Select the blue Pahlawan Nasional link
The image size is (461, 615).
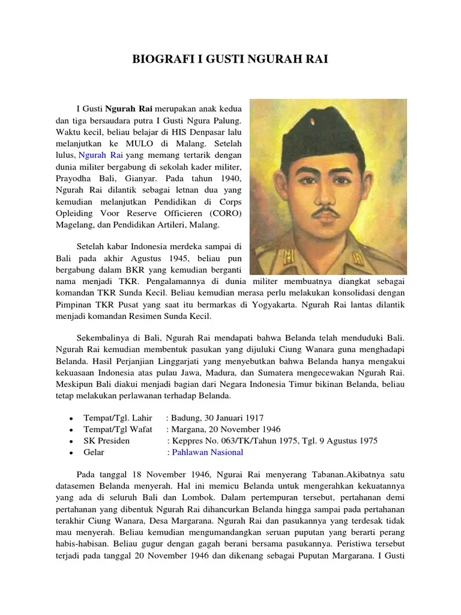[x=208, y=452]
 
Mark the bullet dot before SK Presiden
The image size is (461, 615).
[x=71, y=441]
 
